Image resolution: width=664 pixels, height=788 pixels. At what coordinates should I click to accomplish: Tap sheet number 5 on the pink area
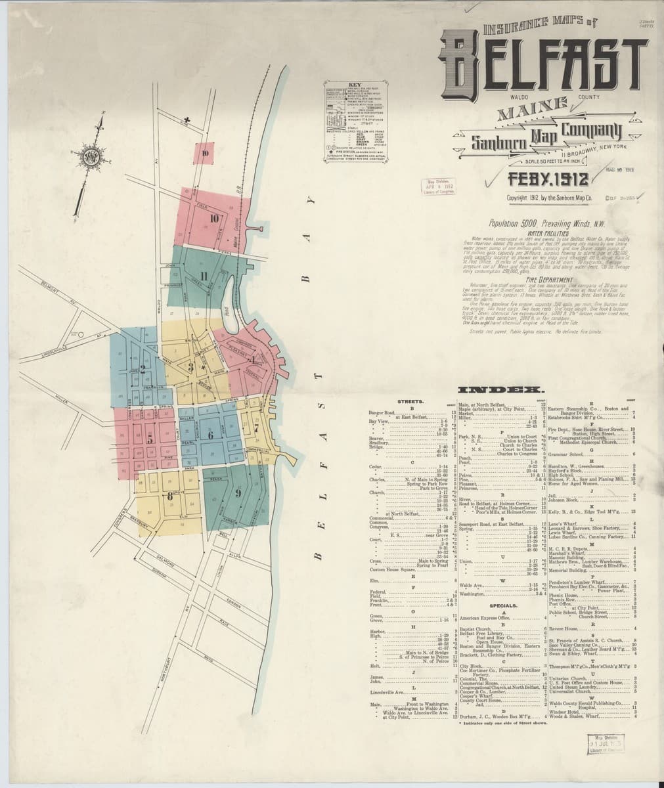tap(150, 437)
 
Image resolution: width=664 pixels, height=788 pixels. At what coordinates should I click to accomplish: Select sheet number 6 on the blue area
tap(210, 435)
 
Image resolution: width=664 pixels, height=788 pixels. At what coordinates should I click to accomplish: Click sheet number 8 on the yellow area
tap(170, 496)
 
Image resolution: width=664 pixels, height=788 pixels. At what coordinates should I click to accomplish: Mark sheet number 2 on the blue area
tap(143, 370)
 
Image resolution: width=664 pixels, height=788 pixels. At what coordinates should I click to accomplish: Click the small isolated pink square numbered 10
tap(206, 154)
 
